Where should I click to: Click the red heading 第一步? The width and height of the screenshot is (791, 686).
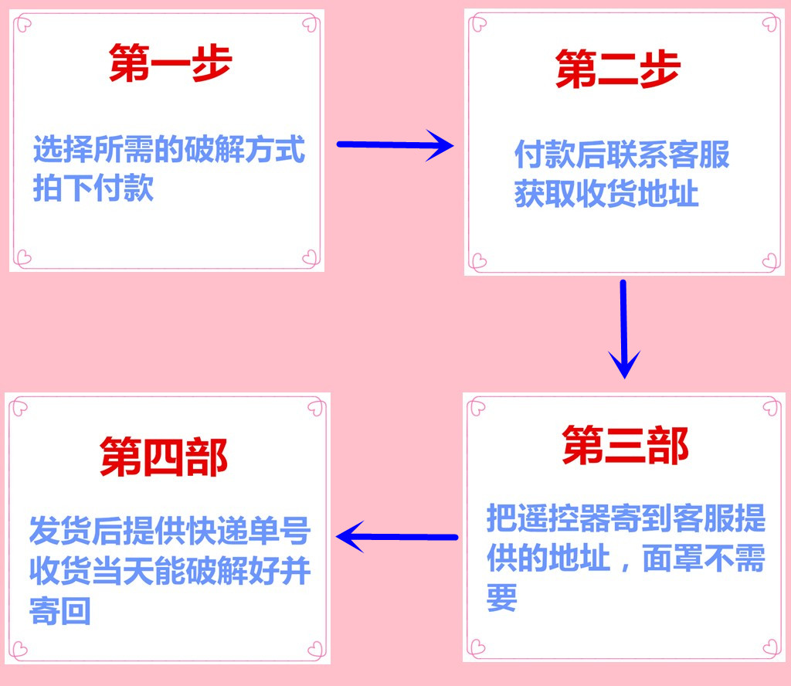point(170,64)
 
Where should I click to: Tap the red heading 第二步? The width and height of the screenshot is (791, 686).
point(617,71)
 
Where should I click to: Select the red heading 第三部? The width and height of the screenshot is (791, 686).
point(625,447)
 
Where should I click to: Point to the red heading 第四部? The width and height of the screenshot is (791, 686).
point(164,458)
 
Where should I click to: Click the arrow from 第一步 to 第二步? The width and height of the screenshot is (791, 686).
point(395,144)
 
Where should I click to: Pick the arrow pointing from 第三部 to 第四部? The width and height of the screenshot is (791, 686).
point(397,536)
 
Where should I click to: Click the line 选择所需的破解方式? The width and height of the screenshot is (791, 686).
point(169,149)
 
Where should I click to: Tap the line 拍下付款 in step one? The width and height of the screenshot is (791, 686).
point(93,188)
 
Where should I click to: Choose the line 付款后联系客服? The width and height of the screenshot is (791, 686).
point(622,155)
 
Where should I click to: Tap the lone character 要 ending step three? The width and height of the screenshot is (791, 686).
point(501,598)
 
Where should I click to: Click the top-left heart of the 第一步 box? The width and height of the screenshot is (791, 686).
point(23,24)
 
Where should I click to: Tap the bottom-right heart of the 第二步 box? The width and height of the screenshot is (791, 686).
point(769,260)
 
